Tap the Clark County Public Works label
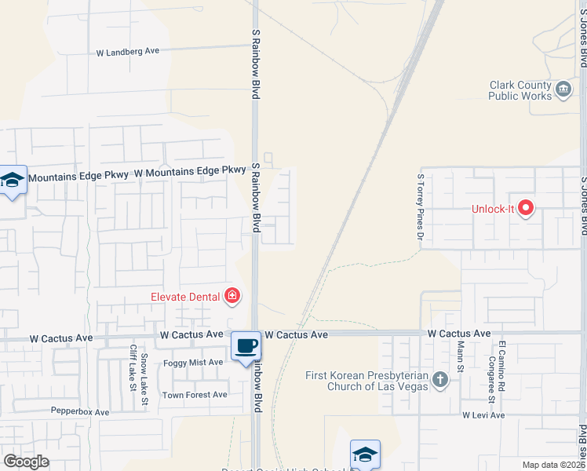coord(521,90)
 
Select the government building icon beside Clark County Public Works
coord(563,90)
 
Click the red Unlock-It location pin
coord(526,208)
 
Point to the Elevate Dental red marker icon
coord(232,296)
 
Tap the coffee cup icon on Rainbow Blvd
coord(246,345)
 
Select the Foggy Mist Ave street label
coord(193,362)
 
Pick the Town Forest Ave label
coord(195,395)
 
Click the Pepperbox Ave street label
coord(80,411)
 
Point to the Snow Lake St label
coord(145,380)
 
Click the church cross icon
coord(440,381)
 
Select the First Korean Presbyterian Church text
coord(367,381)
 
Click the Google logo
coord(26,462)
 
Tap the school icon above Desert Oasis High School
coord(365,454)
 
